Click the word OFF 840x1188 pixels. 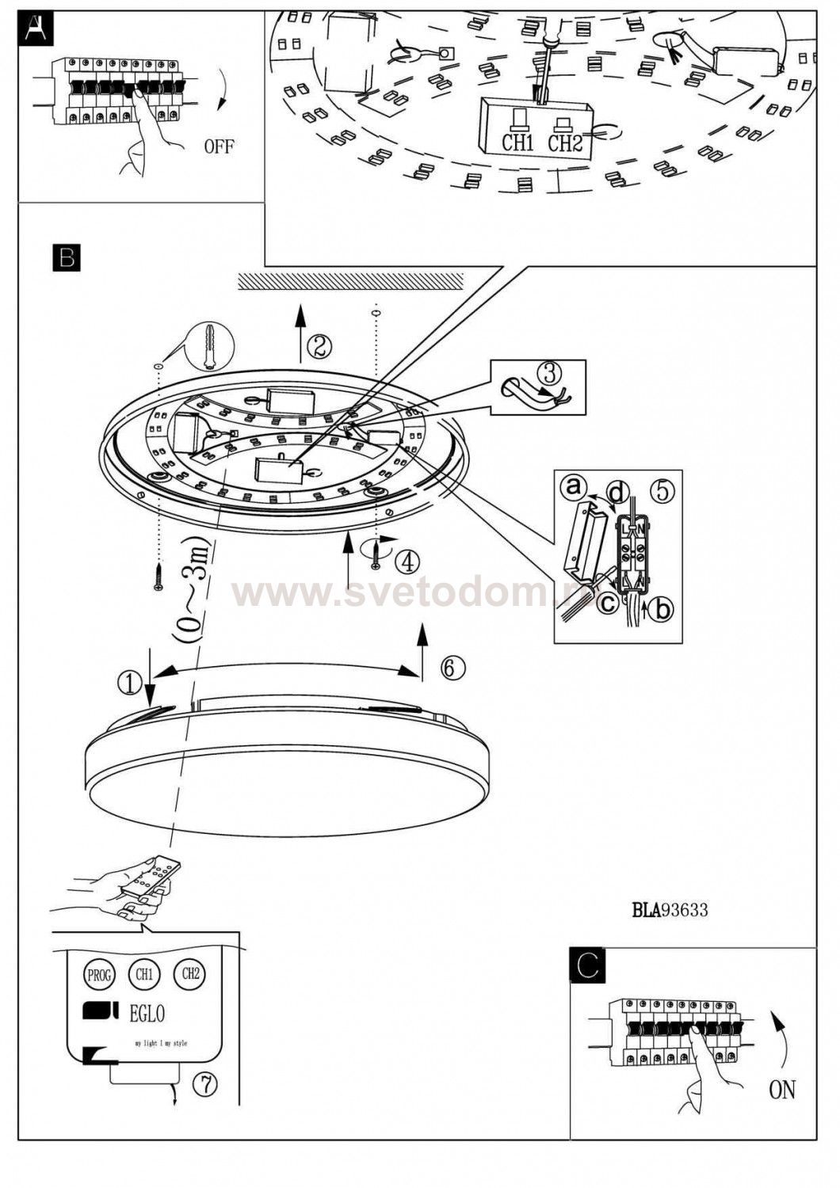(x=219, y=147)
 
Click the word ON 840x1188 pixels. (x=781, y=1090)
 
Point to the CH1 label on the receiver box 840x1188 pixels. (x=517, y=143)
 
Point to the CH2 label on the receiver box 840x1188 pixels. (x=565, y=143)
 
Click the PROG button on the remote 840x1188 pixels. (x=99, y=975)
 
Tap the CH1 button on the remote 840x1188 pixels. (x=144, y=974)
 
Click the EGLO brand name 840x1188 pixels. (x=147, y=1013)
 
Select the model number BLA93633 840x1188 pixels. (x=670, y=910)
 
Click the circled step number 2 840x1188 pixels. (x=319, y=346)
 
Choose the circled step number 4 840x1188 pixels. (x=407, y=562)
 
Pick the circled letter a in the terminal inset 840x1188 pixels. (x=574, y=487)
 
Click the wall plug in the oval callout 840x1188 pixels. (x=209, y=346)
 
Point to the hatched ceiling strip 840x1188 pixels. (x=350, y=281)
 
